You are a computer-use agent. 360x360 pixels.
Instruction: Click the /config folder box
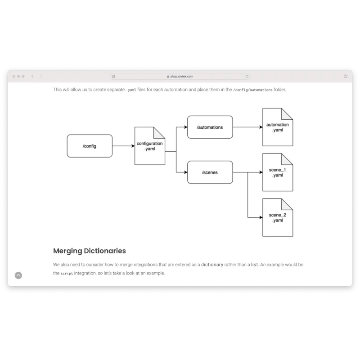click(x=90, y=146)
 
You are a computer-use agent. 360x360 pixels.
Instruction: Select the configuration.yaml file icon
click(x=150, y=146)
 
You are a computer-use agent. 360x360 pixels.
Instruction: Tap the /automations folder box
click(x=210, y=127)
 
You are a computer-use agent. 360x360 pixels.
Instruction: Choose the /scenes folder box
click(x=210, y=172)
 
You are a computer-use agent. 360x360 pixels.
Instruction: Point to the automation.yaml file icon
click(x=278, y=127)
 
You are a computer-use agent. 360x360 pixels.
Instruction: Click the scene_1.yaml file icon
click(x=278, y=172)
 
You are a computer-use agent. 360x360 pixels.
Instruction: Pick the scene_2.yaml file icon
click(x=278, y=217)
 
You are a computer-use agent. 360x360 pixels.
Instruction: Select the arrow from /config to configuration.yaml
click(x=123, y=146)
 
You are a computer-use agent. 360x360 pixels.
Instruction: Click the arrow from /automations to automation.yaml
click(x=248, y=127)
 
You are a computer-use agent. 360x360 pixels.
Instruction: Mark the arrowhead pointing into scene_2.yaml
click(x=261, y=217)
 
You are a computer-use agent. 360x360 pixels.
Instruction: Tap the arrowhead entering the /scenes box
click(x=186, y=172)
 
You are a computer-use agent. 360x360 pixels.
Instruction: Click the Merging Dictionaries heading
click(x=90, y=251)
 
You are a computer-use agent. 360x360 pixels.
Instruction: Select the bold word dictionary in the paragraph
click(x=212, y=265)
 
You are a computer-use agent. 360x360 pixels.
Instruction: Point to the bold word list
click(x=254, y=265)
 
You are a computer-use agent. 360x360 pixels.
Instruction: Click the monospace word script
click(x=67, y=274)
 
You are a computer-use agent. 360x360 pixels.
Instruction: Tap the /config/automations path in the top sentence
click(x=253, y=90)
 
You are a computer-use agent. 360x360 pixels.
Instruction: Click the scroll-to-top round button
click(x=18, y=275)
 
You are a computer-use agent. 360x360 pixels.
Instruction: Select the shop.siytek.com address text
click(x=182, y=76)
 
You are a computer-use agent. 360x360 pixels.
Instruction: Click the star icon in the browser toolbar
click(x=346, y=76)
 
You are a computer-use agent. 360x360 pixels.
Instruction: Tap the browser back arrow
click(x=32, y=76)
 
